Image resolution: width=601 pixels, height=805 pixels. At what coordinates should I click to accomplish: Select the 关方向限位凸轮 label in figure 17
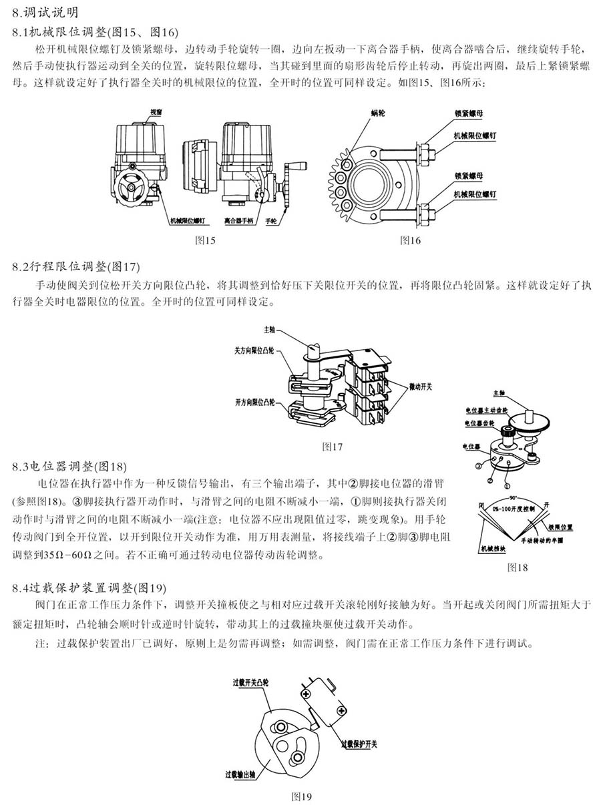255,349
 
